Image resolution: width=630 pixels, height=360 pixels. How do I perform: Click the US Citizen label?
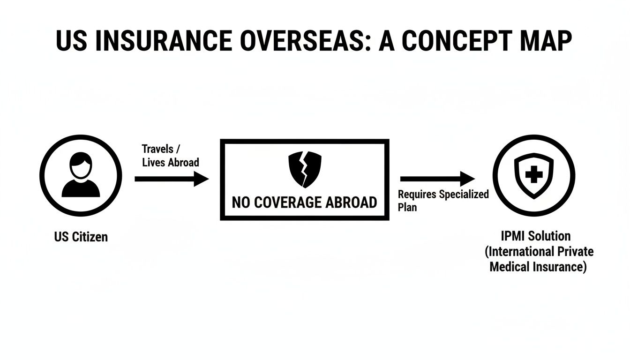81,237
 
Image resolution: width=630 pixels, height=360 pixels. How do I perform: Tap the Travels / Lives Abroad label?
170,156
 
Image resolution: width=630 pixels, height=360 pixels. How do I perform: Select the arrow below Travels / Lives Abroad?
172,179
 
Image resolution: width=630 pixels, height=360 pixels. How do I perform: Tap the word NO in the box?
241,202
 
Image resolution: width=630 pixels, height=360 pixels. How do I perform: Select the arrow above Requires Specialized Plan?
437,179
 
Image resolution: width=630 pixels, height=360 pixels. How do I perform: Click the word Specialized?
464,194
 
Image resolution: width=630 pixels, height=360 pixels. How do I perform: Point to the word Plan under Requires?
407,207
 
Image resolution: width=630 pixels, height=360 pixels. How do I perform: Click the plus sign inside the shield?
533,176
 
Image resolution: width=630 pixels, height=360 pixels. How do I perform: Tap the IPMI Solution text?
536,236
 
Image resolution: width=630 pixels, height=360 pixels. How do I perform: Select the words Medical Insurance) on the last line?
538,267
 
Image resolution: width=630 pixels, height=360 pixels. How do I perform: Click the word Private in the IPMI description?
574,252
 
